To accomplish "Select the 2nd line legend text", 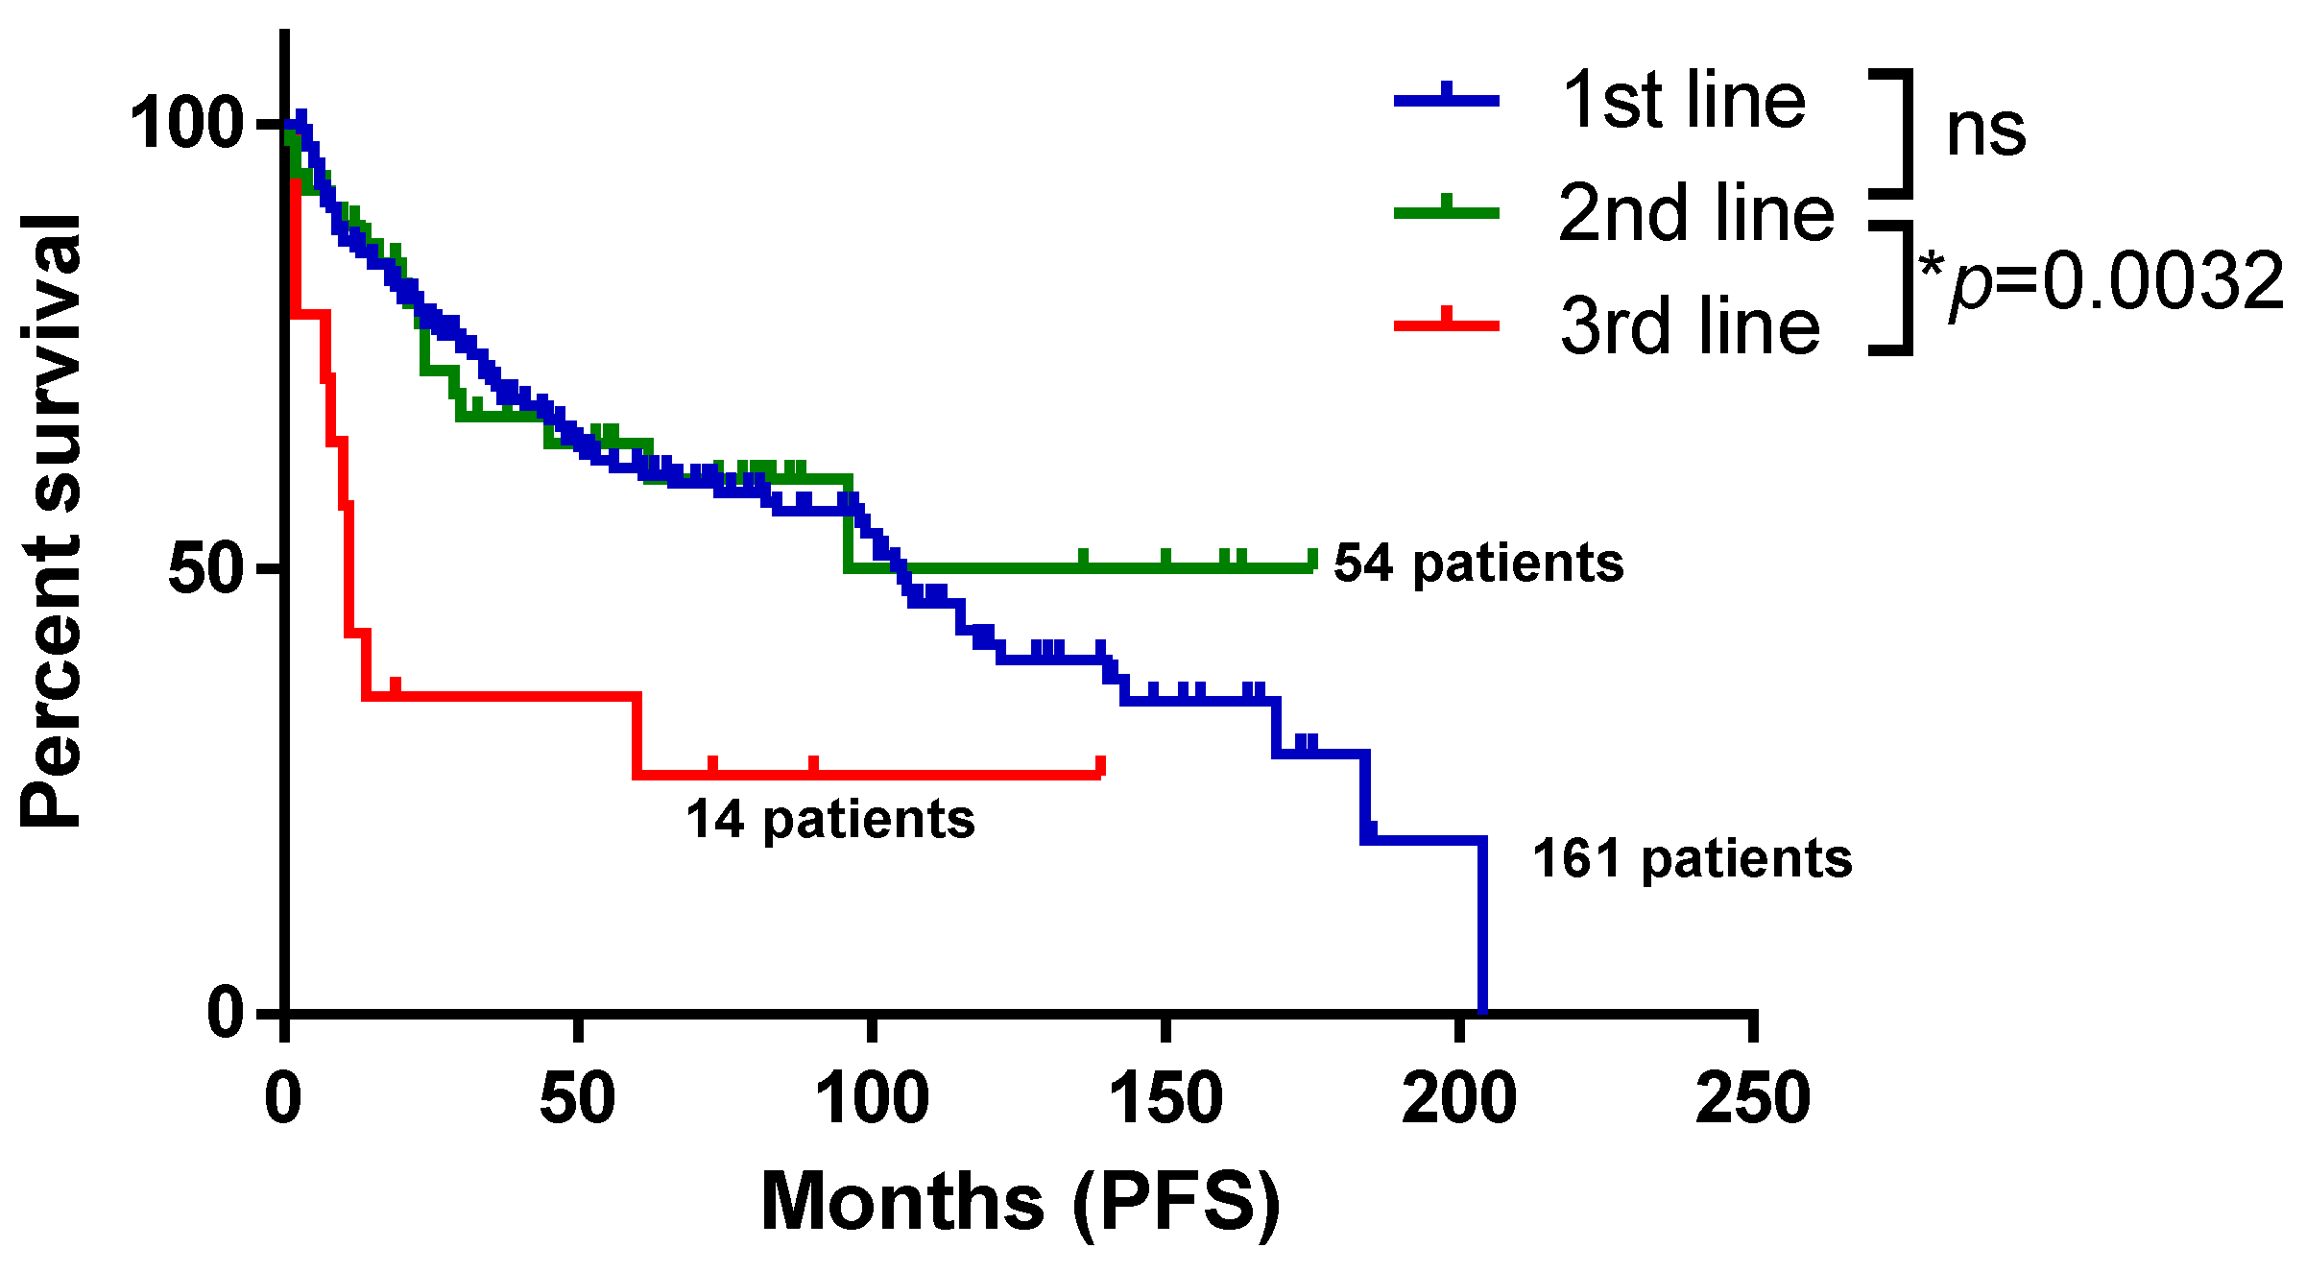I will [1695, 213].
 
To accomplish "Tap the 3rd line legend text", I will [1690, 326].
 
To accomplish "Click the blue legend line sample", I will [1446, 99].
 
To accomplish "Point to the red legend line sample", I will [1446, 325].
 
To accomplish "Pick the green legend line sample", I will [1446, 212].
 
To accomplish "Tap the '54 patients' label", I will [1478, 564].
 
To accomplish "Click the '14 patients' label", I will [830, 821].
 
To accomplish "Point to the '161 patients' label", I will [1692, 858].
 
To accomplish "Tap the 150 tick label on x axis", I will [1165, 1099].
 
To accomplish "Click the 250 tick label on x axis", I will [1752, 1099].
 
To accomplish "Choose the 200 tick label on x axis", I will [1458, 1099].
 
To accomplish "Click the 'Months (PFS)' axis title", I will [1020, 1203].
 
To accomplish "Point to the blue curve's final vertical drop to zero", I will [1482, 926].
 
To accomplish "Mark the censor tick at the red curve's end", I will [1100, 766].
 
